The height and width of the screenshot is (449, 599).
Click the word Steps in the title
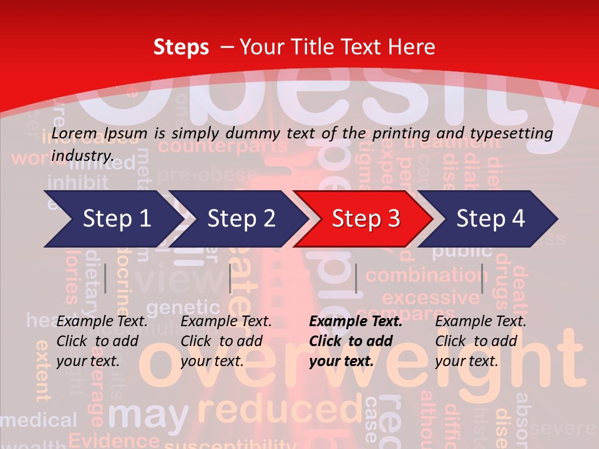coord(181,47)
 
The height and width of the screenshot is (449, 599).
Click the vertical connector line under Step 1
coord(105,278)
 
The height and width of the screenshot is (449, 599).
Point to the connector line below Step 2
coord(230,278)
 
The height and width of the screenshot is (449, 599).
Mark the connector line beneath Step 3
coord(356,278)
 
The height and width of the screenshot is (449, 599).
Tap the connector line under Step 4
coord(482,278)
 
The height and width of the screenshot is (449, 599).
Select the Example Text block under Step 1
coord(102,341)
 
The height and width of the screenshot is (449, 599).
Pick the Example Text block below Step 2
coord(226,341)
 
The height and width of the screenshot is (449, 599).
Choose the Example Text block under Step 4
coord(480,341)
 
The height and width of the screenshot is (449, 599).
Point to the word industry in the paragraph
coord(82,155)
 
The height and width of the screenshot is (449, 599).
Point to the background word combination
coord(427,275)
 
